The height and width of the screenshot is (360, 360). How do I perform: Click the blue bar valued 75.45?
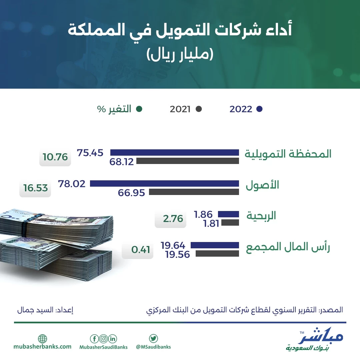click(x=174, y=152)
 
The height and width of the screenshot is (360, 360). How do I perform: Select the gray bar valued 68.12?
click(x=188, y=161)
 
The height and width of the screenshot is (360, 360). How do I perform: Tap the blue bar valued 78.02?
click(x=164, y=183)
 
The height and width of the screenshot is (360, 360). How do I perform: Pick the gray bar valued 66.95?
click(x=194, y=192)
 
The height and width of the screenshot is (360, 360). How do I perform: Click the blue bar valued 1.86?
click(x=228, y=214)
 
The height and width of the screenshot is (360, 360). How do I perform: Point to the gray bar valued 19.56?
click(x=217, y=253)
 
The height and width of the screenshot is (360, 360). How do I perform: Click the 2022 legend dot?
click(x=259, y=109)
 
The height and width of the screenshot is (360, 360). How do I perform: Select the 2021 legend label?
click(x=180, y=109)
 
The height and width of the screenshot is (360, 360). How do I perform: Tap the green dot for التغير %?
click(x=139, y=109)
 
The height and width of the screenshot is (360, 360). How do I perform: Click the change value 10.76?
click(x=55, y=157)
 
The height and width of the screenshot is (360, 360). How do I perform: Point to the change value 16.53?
click(x=36, y=188)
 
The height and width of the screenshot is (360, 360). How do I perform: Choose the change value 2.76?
click(x=173, y=219)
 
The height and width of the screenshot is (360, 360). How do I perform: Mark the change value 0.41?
click(x=141, y=250)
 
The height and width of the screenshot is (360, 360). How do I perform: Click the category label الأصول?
click(x=262, y=185)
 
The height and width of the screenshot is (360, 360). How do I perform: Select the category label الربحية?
click(x=261, y=216)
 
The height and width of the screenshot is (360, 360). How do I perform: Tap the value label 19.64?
click(x=173, y=245)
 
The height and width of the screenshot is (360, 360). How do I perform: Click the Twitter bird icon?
click(x=153, y=338)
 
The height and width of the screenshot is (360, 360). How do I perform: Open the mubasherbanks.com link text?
click(x=42, y=347)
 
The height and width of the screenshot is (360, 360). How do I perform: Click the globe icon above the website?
click(x=42, y=339)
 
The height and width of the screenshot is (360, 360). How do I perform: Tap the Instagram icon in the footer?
click(x=104, y=339)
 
